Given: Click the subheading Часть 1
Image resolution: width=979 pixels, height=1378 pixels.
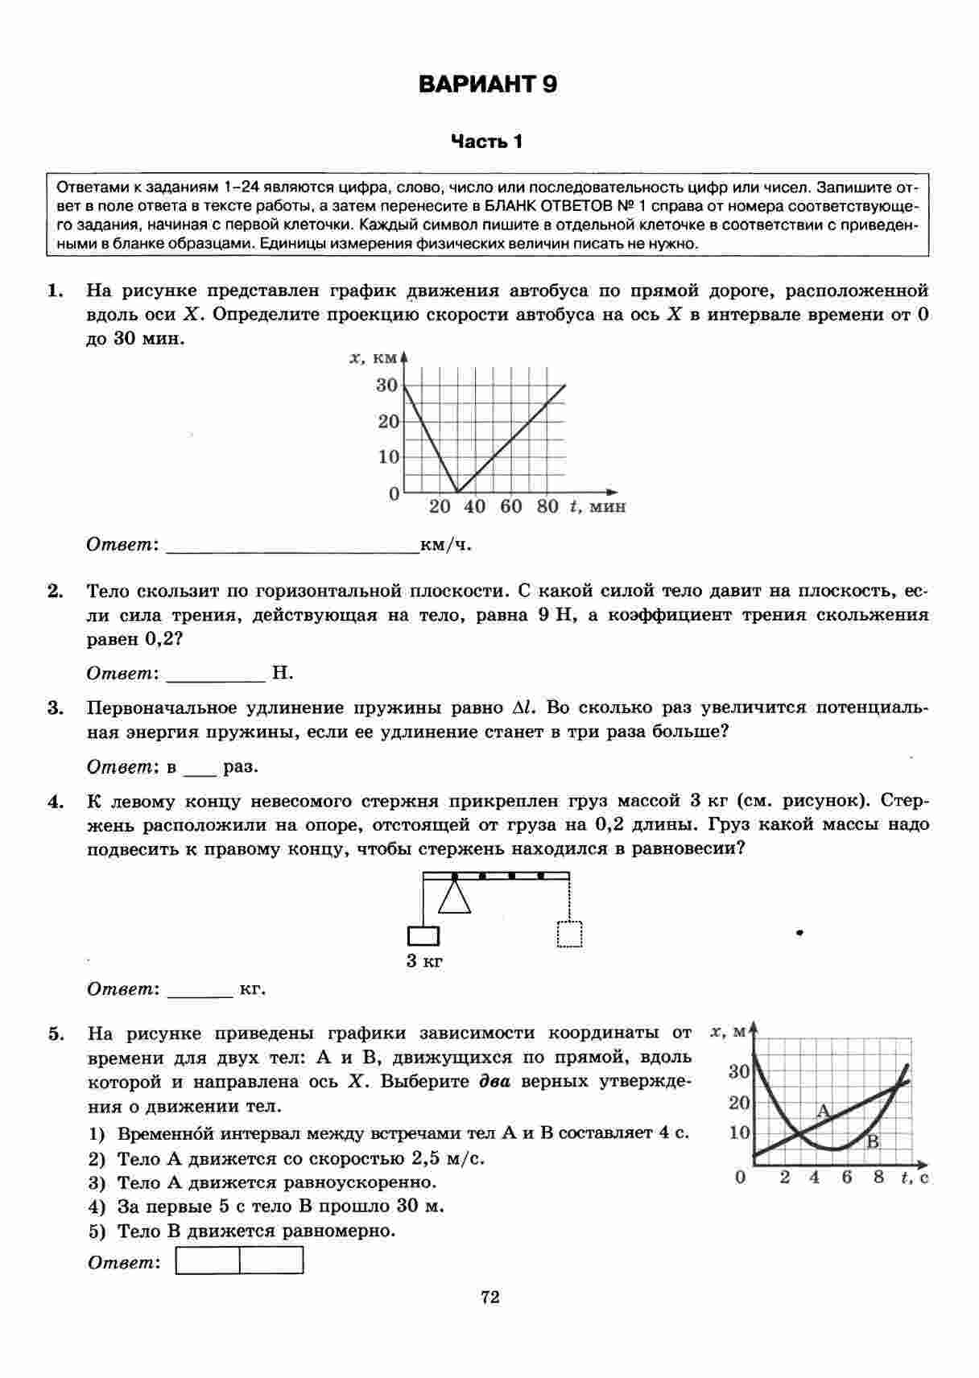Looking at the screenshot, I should point(487,142).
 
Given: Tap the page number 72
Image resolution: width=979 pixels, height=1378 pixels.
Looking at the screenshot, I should point(489,1298).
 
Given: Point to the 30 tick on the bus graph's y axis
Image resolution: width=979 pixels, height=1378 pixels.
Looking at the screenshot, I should point(387,386).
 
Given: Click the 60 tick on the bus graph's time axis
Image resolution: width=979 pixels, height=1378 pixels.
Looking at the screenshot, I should point(511,507).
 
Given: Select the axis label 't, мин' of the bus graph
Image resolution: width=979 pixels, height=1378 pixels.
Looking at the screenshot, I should point(597,507).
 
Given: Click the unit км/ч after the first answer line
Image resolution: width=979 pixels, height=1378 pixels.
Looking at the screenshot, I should point(446,546).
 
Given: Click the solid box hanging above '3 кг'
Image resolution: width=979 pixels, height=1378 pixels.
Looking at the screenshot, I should point(423,936).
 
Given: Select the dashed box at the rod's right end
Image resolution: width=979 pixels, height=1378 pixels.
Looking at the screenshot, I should point(570,934).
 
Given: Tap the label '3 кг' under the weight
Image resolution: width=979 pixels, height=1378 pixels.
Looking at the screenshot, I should point(424,961).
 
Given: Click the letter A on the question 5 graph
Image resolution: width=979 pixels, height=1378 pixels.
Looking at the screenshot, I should point(823,1112).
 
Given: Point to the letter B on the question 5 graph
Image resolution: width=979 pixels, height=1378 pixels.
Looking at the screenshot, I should point(872,1141).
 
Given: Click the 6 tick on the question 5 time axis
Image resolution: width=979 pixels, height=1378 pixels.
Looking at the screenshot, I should point(847,1178).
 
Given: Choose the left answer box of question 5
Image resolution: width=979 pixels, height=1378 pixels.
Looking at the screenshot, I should point(208,1260).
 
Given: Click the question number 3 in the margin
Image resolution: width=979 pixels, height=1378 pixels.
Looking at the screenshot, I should point(55,709).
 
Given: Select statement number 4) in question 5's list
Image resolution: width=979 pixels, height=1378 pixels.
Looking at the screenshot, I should point(97,1207).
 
